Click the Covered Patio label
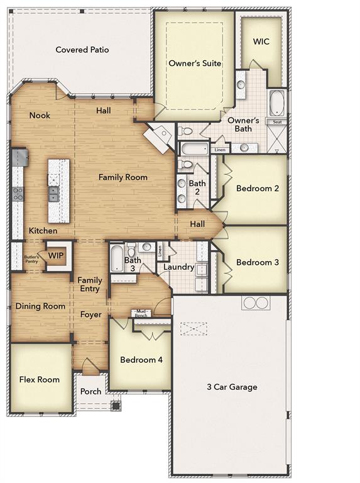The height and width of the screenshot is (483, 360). (82, 50)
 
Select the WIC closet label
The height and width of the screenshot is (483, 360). (261, 42)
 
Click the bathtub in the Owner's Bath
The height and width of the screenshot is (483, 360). (276, 103)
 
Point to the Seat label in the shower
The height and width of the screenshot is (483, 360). (276, 122)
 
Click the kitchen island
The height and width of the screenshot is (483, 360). (58, 189)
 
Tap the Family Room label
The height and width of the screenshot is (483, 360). (123, 177)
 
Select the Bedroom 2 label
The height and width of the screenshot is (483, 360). (258, 188)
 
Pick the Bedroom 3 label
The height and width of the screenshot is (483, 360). (258, 262)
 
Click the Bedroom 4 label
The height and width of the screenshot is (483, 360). (141, 360)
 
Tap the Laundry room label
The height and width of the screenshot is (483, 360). (178, 267)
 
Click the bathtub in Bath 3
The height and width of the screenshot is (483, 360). (117, 258)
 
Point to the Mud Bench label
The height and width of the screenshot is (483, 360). (141, 313)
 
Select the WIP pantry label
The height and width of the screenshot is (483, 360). (56, 256)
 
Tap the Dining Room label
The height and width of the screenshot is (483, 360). (40, 306)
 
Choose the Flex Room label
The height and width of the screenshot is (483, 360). (40, 379)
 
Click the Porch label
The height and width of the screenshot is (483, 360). (90, 391)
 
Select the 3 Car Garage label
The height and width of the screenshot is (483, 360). (232, 387)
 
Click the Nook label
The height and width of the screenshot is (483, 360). (40, 116)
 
